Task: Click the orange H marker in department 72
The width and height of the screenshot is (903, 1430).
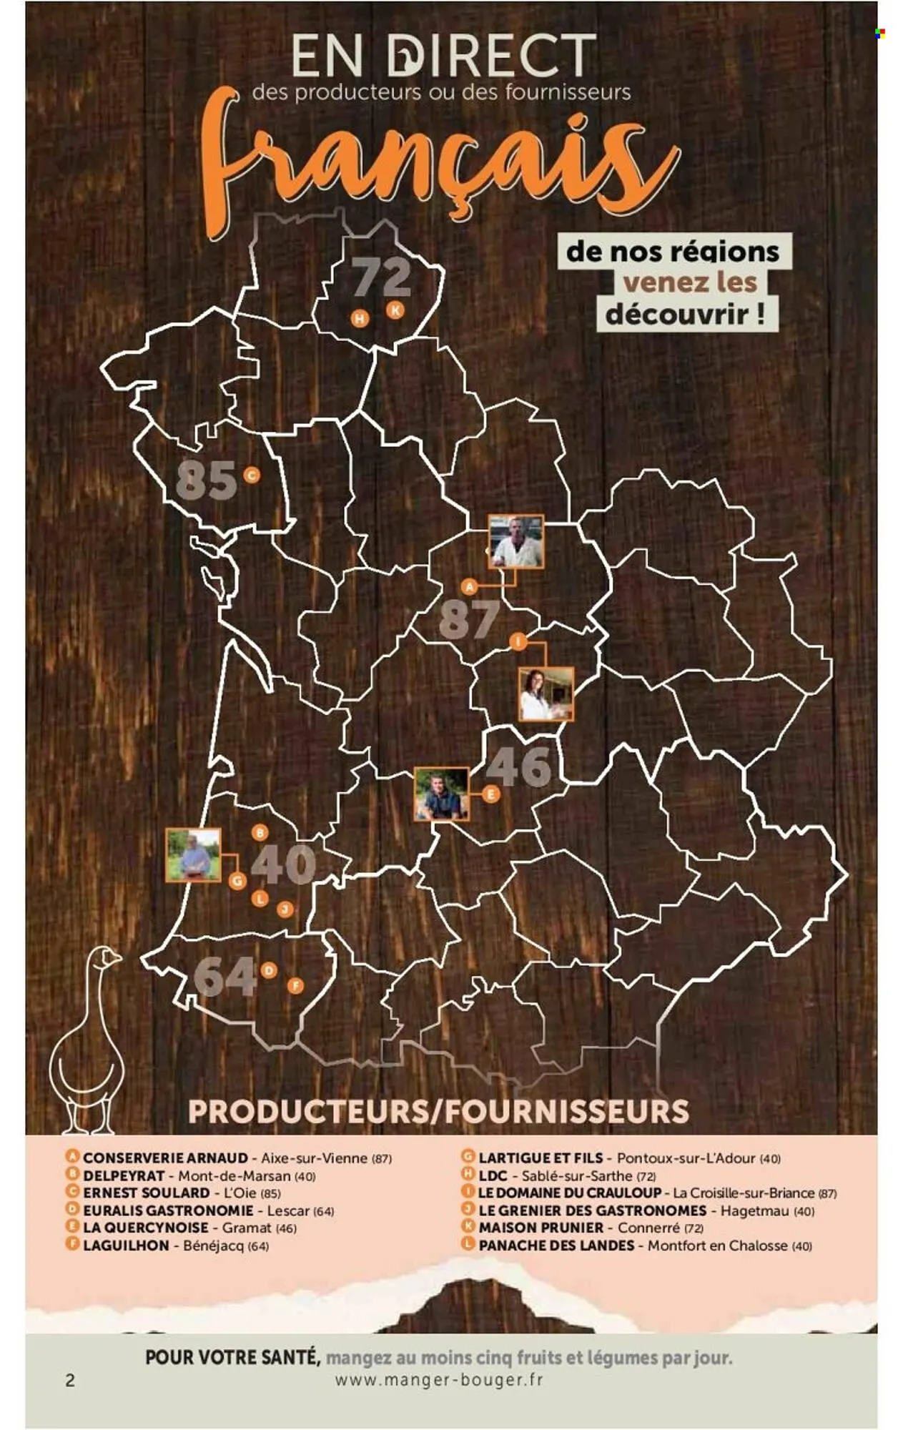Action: coord(360,318)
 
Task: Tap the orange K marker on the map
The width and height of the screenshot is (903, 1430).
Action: coord(395,310)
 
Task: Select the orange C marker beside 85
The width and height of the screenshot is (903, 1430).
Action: coord(251,475)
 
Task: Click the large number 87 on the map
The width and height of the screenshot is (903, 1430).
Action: coord(468,619)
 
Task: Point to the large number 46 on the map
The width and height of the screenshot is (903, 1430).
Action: coord(519,766)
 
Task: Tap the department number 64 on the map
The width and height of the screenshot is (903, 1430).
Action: coord(224,977)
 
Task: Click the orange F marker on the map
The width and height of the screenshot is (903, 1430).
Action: coord(295,986)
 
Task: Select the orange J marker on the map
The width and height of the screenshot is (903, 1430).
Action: coord(285,909)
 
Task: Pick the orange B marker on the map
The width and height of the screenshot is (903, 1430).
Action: coord(260,832)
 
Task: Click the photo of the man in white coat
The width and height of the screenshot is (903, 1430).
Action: coord(515,541)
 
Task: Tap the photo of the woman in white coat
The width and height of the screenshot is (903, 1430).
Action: coord(546,694)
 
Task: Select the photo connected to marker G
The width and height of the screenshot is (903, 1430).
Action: coord(193,855)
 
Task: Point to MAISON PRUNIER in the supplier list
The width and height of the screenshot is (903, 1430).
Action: coord(541,1228)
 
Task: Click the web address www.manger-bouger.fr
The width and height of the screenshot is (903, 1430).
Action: coord(439,1379)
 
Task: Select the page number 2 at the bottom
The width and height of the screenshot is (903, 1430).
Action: coord(70,1380)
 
